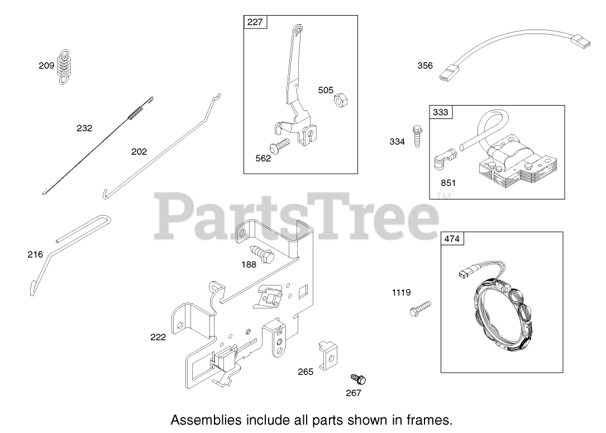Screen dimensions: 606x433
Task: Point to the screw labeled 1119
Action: point(421,307)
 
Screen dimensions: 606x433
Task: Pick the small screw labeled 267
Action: point(359,379)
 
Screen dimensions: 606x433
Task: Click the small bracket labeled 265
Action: point(328,355)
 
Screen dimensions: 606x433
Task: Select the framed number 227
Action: point(255,23)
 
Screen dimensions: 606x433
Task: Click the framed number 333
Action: point(441,112)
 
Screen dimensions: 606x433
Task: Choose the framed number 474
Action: point(452,239)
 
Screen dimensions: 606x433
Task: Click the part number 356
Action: point(425,65)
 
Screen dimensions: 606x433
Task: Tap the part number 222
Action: point(158,337)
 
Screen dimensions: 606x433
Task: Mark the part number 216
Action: point(35,255)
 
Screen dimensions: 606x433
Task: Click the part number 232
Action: point(84,128)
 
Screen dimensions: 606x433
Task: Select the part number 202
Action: point(139,151)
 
